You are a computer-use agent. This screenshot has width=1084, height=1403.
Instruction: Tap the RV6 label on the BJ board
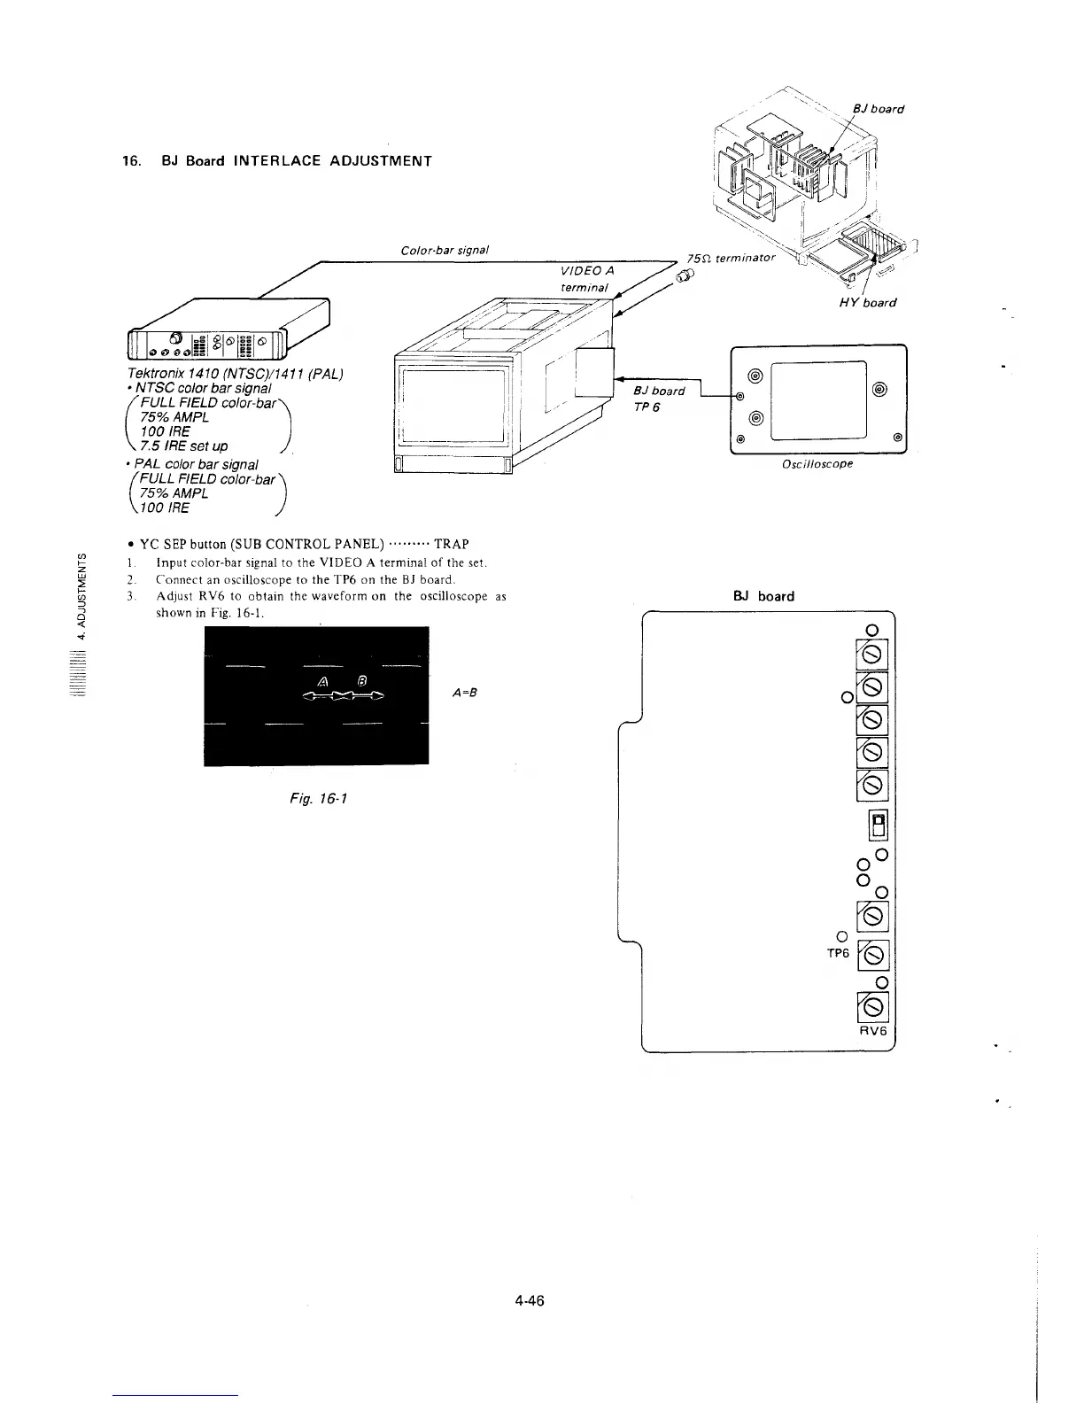tap(872, 1032)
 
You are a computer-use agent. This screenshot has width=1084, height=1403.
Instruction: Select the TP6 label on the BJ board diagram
tap(837, 953)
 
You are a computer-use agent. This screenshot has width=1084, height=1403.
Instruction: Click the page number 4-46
tap(528, 1300)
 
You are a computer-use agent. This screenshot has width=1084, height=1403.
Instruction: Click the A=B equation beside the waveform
tap(464, 693)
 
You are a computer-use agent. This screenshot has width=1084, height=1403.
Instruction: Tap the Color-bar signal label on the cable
tap(445, 250)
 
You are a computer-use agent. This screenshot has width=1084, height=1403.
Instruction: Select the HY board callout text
tap(867, 302)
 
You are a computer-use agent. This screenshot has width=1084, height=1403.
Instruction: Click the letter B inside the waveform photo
tap(361, 680)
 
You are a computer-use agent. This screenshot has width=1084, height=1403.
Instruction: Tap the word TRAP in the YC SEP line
tap(451, 544)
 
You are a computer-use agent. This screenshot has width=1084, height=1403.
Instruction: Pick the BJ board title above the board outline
tap(763, 596)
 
